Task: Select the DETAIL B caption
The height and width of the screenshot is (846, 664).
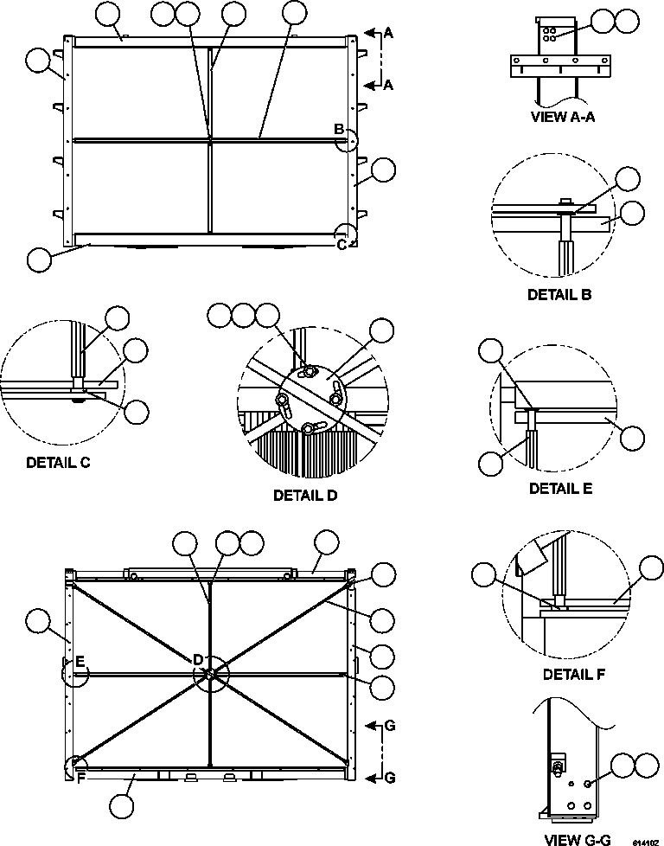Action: pyautogui.click(x=559, y=295)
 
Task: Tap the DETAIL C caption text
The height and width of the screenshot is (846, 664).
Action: pyautogui.click(x=58, y=462)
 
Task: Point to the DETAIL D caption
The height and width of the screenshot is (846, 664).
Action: pyautogui.click(x=305, y=496)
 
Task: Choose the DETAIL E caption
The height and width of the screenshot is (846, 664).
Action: pyautogui.click(x=560, y=489)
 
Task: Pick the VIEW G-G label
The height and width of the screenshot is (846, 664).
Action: pyautogui.click(x=577, y=839)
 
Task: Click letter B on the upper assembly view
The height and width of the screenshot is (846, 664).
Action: pyautogui.click(x=339, y=130)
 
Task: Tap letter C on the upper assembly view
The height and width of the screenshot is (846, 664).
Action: pyautogui.click(x=342, y=245)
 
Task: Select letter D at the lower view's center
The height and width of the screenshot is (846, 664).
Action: pyautogui.click(x=198, y=660)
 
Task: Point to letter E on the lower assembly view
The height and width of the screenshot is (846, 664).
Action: pyautogui.click(x=79, y=662)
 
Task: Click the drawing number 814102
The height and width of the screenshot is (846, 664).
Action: pyautogui.click(x=643, y=841)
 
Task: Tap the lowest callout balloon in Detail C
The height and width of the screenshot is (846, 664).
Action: pyautogui.click(x=136, y=412)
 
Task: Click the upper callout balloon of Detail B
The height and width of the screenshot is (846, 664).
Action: pyautogui.click(x=628, y=179)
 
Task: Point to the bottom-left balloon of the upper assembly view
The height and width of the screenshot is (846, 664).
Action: pyautogui.click(x=39, y=259)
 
